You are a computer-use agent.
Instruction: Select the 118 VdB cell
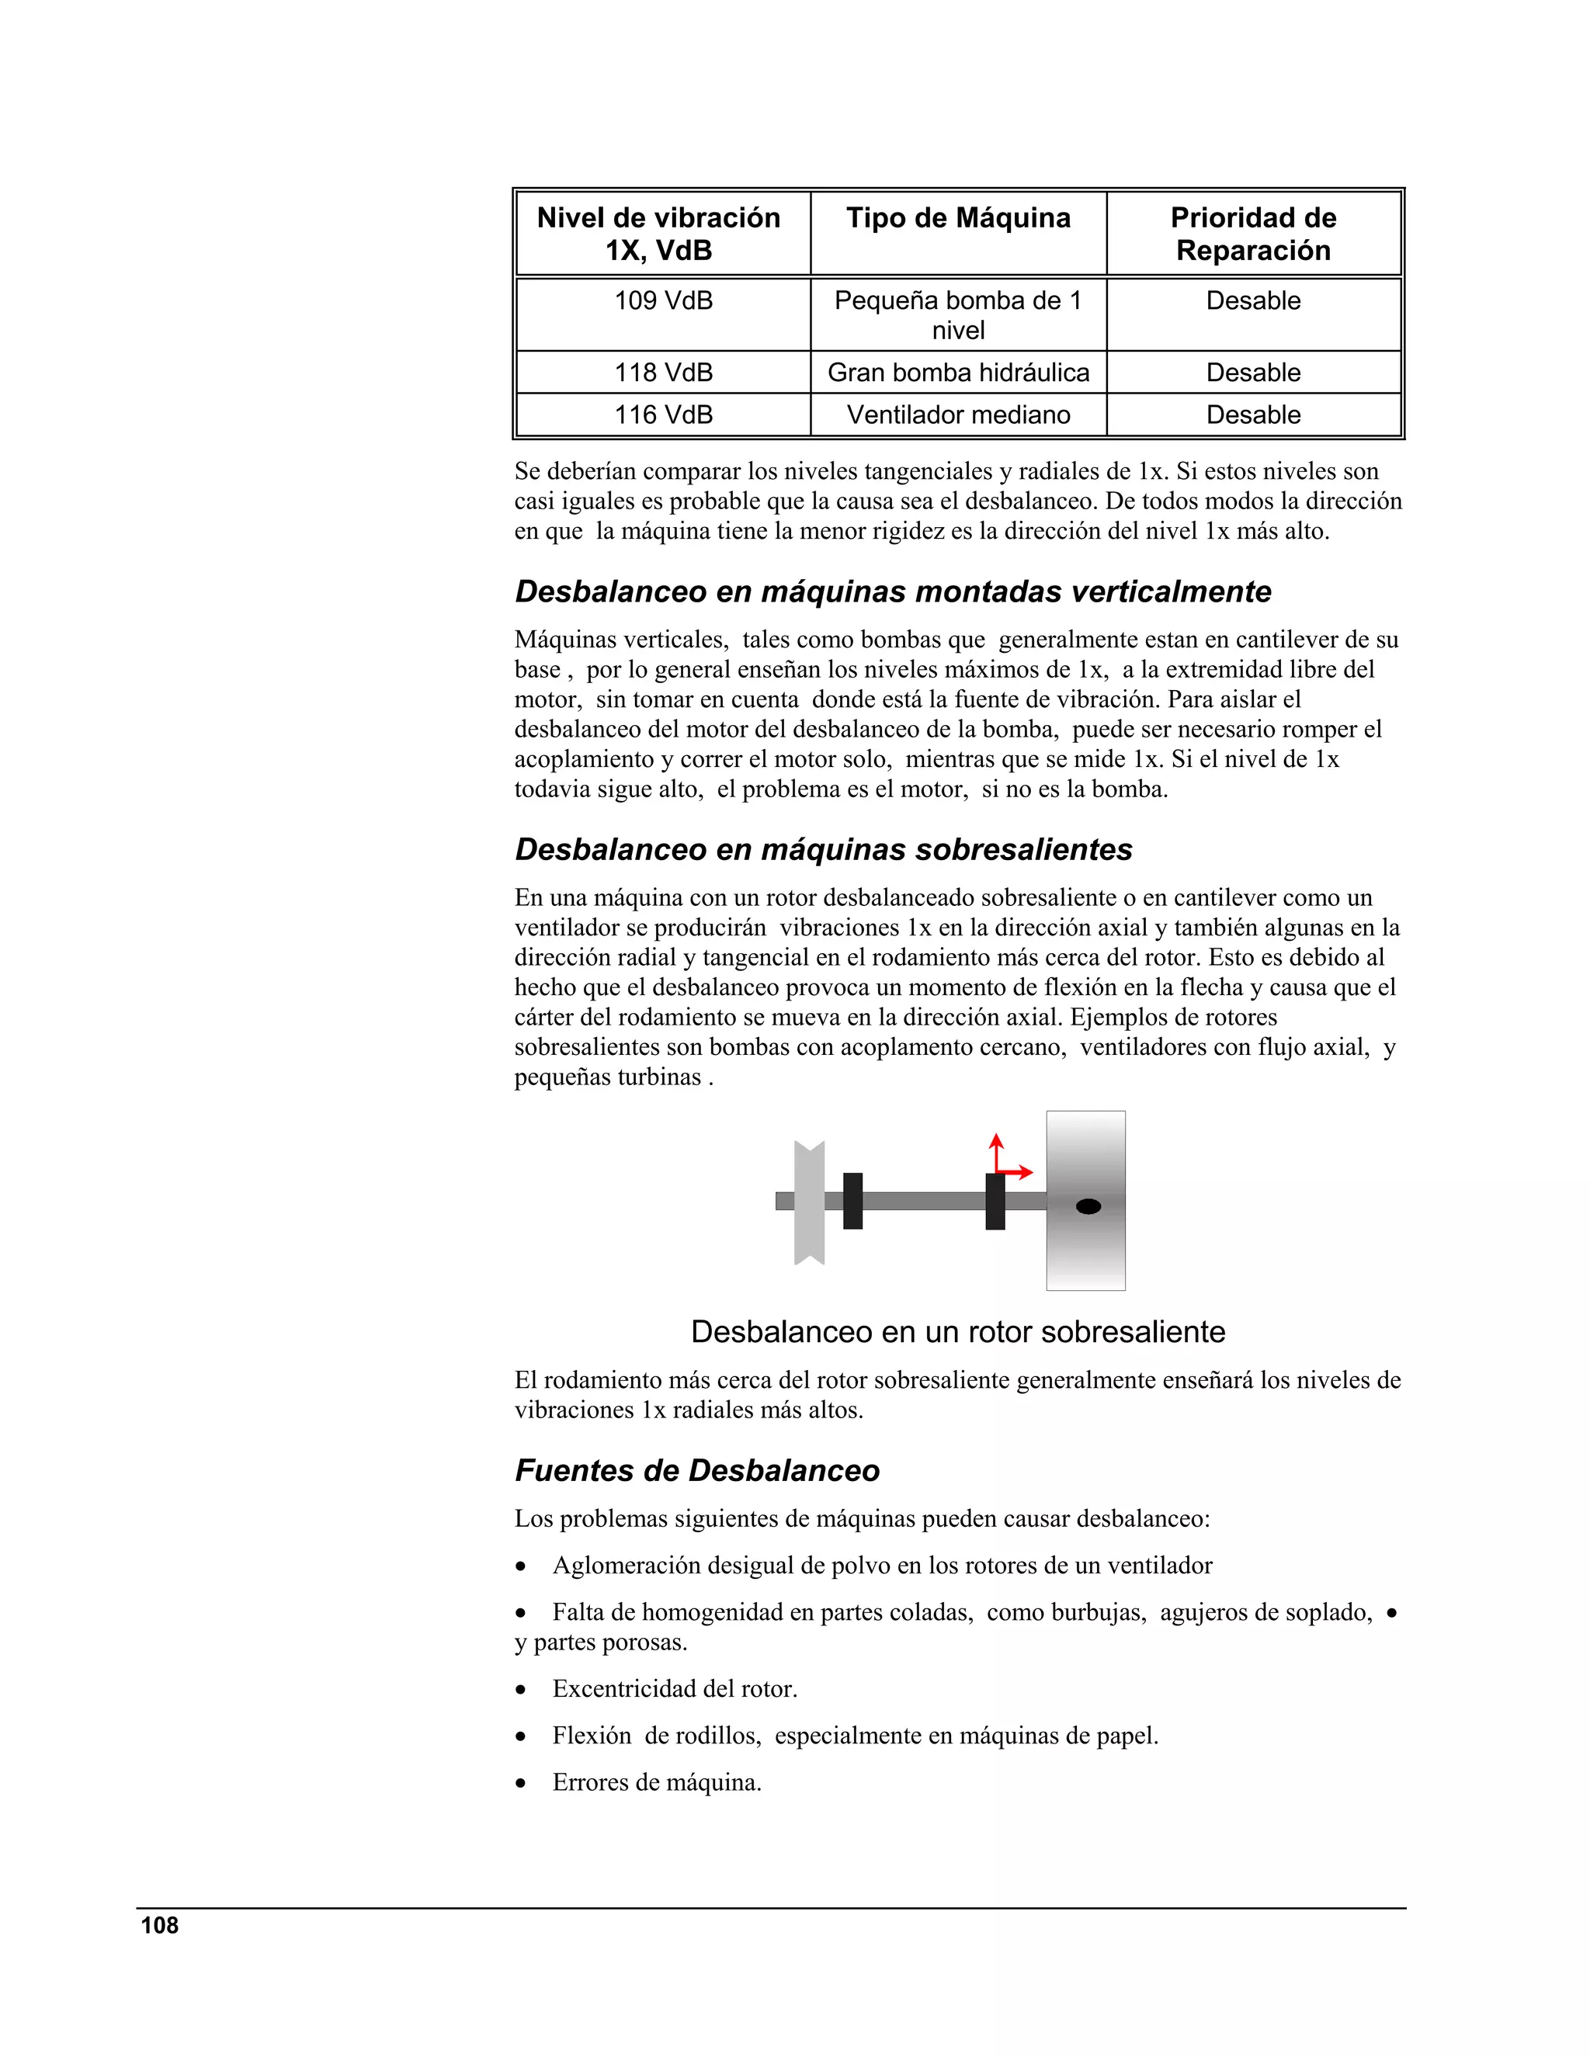click(663, 373)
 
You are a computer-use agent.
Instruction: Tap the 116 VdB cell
click(663, 415)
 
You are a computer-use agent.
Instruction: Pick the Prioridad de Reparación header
click(1253, 234)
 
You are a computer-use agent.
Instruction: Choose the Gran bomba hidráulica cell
click(958, 373)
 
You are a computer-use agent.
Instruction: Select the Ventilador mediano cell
click(958, 415)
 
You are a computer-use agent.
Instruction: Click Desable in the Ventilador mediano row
click(1253, 415)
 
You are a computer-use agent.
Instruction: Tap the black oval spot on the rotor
click(1088, 1206)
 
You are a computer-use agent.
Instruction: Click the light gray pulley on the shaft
click(809, 1202)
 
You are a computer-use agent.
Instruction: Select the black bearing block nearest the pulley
click(852, 1201)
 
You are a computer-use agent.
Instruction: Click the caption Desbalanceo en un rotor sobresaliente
click(958, 1332)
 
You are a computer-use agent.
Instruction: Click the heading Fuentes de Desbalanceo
click(697, 1470)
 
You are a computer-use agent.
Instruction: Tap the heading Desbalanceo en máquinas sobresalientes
click(823, 849)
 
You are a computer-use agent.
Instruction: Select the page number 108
click(159, 1926)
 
